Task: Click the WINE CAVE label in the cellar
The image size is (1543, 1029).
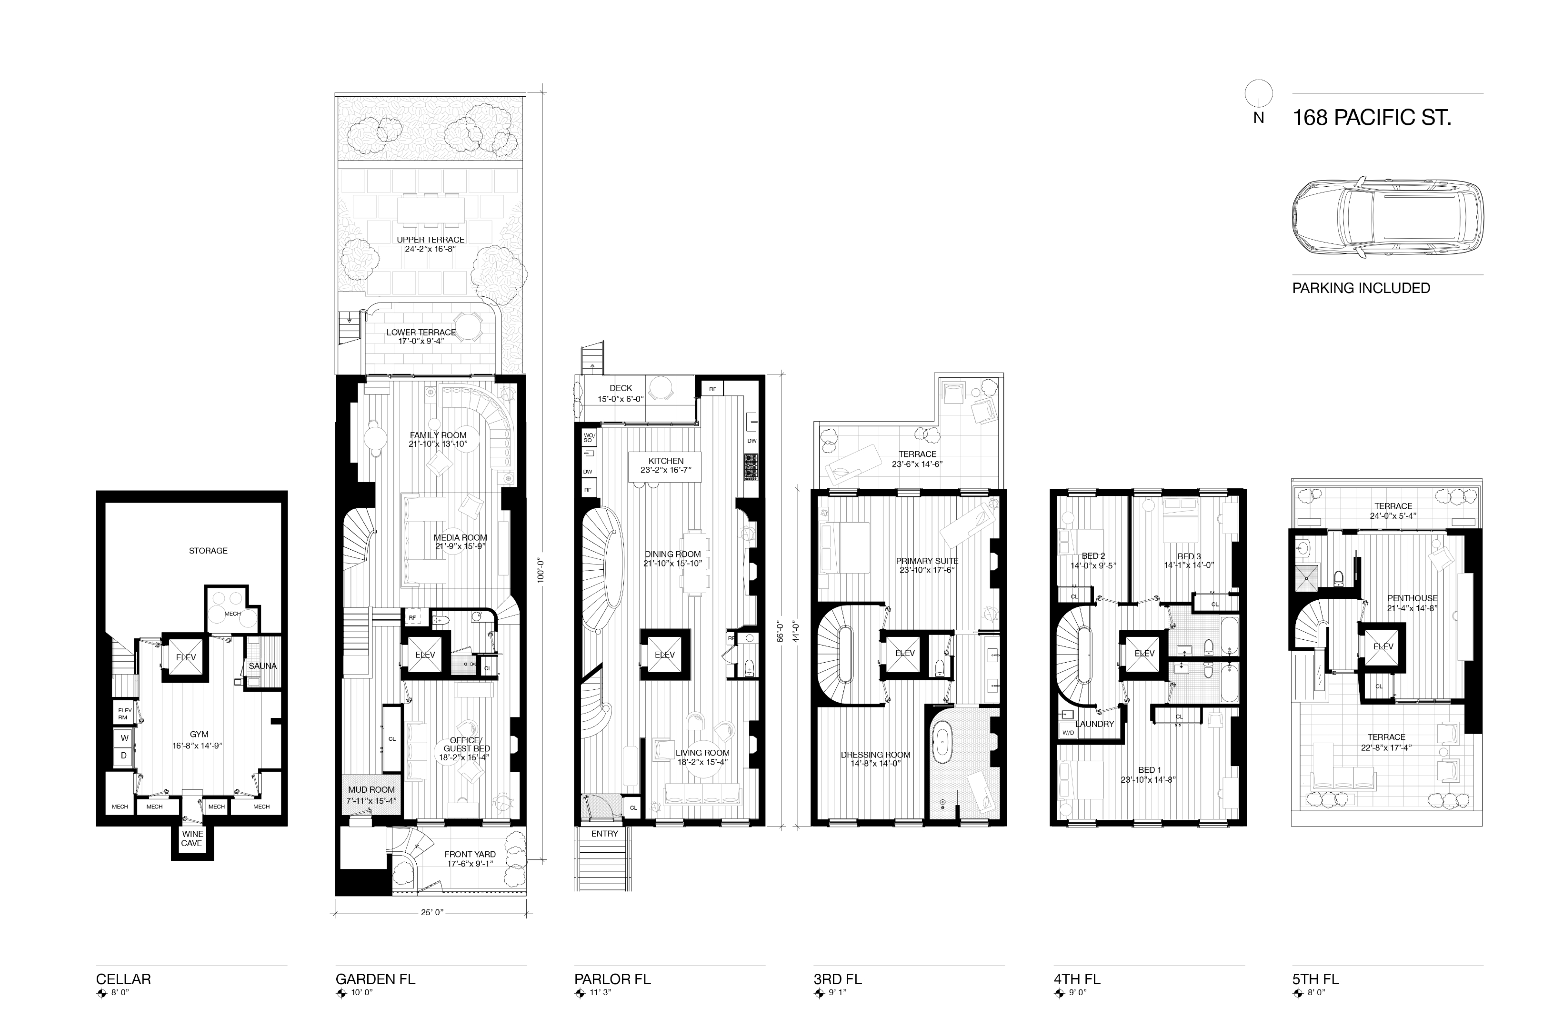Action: tap(192, 838)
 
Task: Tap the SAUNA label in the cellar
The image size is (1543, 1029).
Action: tap(262, 666)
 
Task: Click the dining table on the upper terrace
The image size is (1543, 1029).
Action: tap(431, 210)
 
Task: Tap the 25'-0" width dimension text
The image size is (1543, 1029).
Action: tap(431, 912)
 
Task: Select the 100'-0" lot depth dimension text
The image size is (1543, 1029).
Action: tap(540, 570)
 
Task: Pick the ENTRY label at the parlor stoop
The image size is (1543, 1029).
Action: tap(604, 833)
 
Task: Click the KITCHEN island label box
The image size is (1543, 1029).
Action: tap(665, 466)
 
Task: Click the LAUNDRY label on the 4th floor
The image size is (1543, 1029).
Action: tap(1095, 724)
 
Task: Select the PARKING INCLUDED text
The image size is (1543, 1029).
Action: tap(1361, 288)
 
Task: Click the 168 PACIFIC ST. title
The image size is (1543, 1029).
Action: tap(1372, 118)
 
